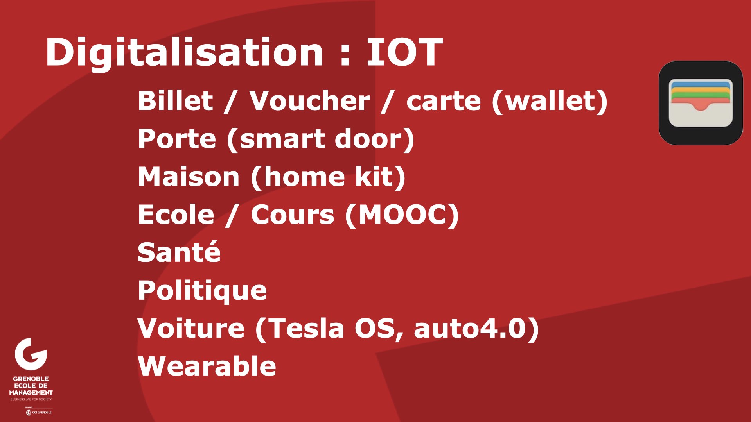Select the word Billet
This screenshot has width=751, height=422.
coord(176,100)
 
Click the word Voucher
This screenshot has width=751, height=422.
coord(309,101)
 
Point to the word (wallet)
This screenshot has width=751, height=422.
coord(550,101)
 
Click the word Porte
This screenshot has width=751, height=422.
coord(177,139)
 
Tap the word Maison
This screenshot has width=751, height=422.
coord(189,177)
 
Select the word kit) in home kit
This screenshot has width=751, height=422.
coord(380,177)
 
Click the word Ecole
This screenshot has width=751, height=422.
coord(176,215)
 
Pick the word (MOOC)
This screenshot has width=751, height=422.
coord(402,215)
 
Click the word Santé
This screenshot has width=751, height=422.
coord(179,252)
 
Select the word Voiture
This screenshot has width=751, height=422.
coord(191,328)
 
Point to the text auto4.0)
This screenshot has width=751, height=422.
coord(476,329)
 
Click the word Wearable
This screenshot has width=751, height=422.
coord(207,366)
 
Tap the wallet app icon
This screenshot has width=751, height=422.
coord(701,103)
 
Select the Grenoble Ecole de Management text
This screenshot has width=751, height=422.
coord(31,386)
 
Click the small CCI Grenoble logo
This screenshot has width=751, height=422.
coord(39,413)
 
